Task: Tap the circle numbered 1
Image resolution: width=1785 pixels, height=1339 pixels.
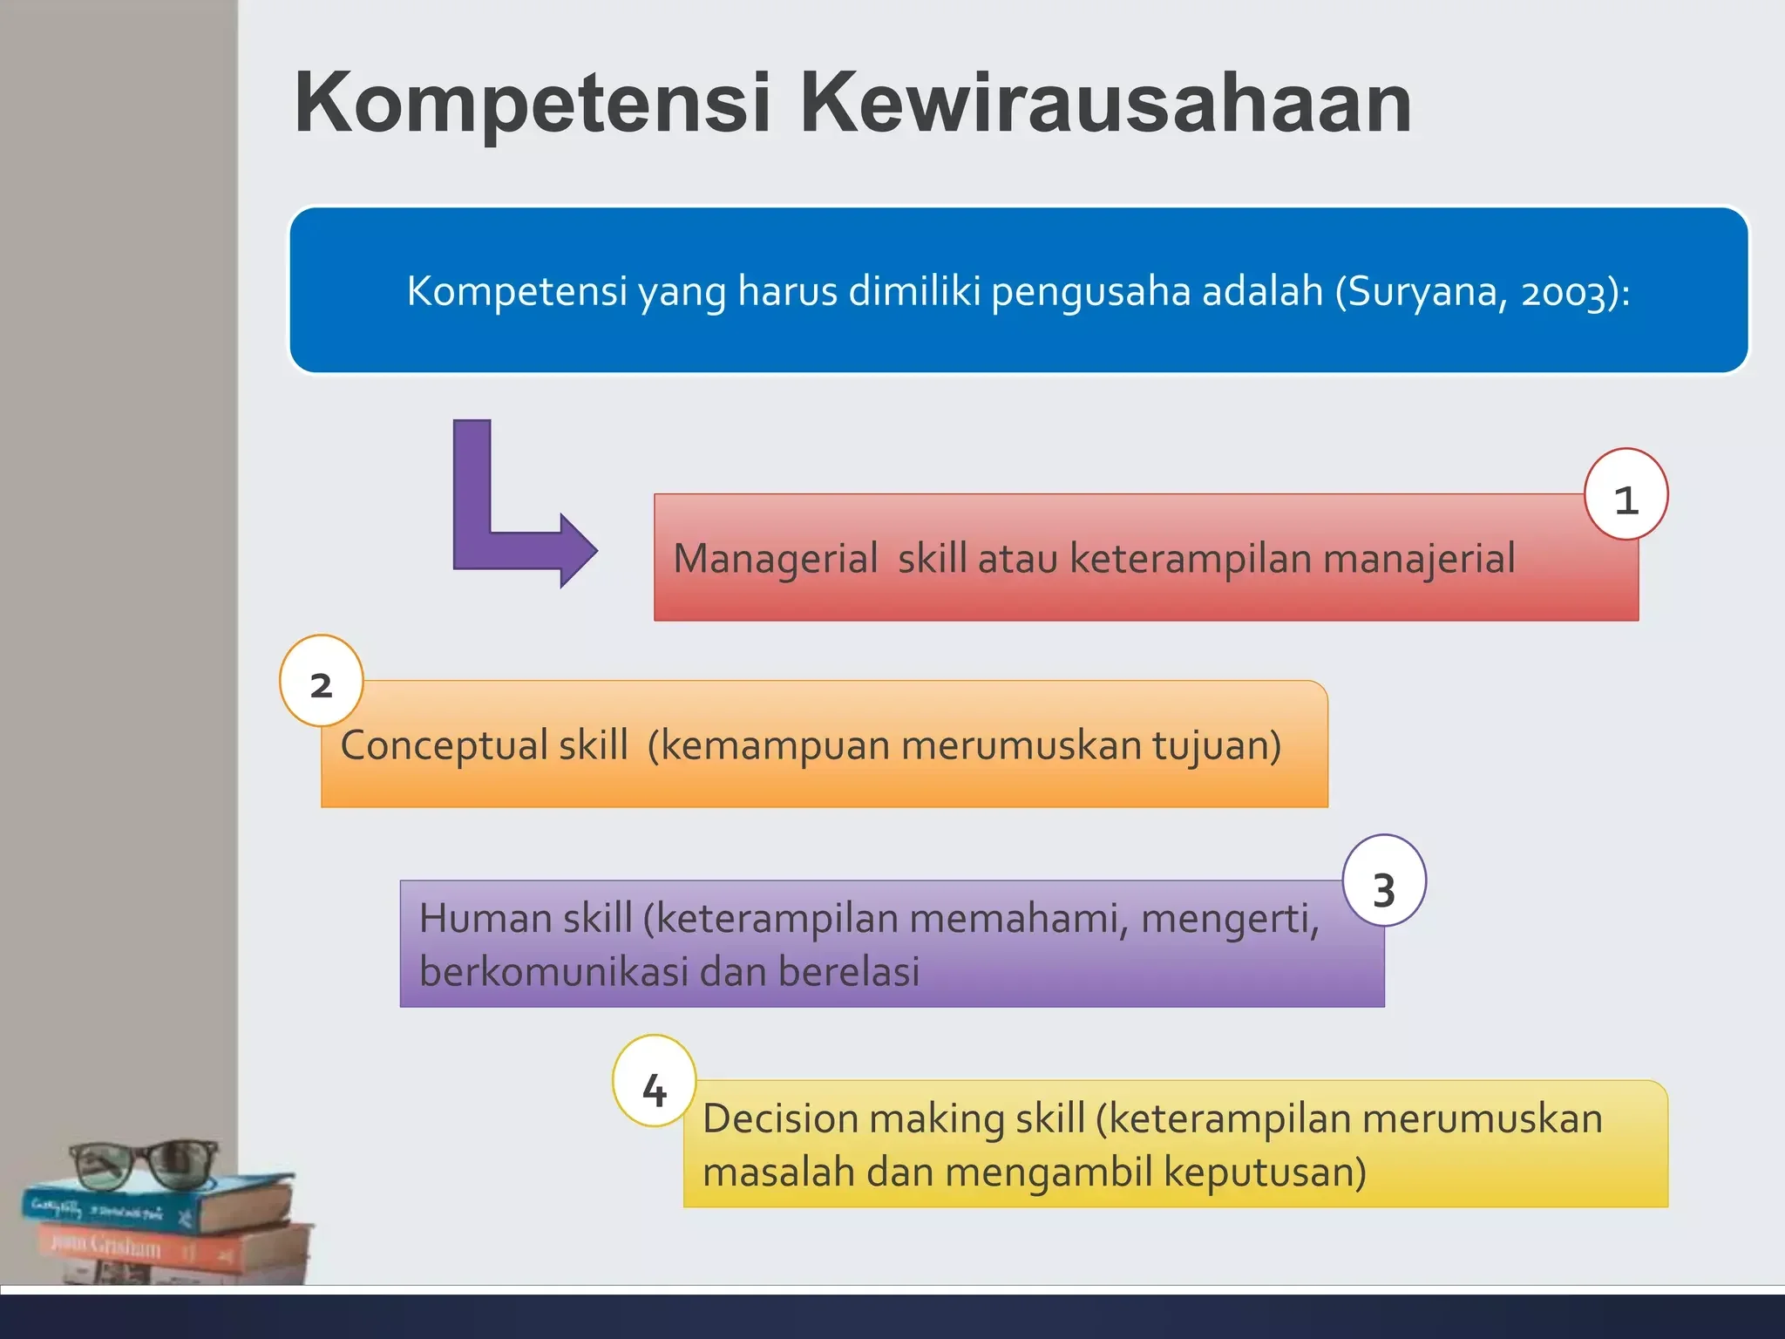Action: pos(1626,494)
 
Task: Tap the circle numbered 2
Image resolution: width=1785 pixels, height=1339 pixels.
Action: pos(322,681)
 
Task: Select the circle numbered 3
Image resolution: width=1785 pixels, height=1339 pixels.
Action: pos(1384,881)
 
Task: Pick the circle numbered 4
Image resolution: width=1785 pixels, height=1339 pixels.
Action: pos(654,1081)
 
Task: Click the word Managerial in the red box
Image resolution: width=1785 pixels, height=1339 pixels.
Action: pos(775,559)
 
